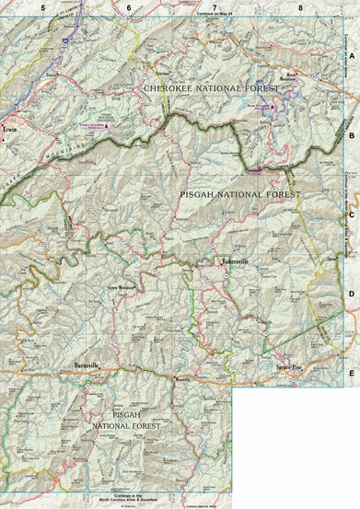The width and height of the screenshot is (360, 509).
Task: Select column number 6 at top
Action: [x=128, y=8]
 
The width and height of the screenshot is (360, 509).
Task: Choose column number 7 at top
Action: [x=215, y=8]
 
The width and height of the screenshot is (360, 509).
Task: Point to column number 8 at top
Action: [x=301, y=8]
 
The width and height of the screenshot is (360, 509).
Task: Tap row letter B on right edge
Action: [x=351, y=133]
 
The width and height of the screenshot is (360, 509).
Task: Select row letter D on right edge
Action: [x=351, y=294]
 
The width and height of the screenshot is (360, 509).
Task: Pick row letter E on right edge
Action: [x=351, y=373]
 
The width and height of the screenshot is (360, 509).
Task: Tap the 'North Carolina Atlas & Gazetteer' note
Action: [x=129, y=501]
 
